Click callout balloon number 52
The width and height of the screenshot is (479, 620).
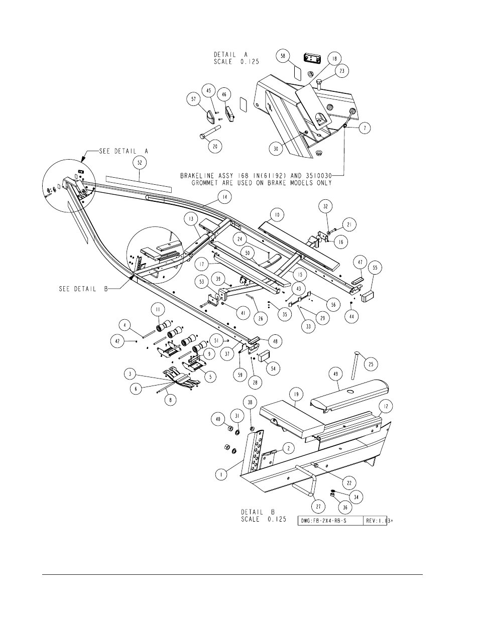coord(140,163)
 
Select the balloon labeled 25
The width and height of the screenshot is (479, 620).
coord(371,364)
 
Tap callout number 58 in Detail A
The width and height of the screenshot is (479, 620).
coord(283,56)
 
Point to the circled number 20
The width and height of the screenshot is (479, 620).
coord(215,147)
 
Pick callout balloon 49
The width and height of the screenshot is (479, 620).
coord(336,374)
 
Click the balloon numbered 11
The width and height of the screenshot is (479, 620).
coord(158,310)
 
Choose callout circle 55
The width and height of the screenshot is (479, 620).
coord(375,268)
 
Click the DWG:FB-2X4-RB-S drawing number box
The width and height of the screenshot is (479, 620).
coord(330,521)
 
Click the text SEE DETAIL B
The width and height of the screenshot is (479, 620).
coord(83,289)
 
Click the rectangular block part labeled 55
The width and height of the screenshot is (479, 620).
coord(368,296)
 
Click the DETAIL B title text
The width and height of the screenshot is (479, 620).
coord(258,512)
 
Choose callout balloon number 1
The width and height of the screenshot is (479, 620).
coord(221,474)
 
